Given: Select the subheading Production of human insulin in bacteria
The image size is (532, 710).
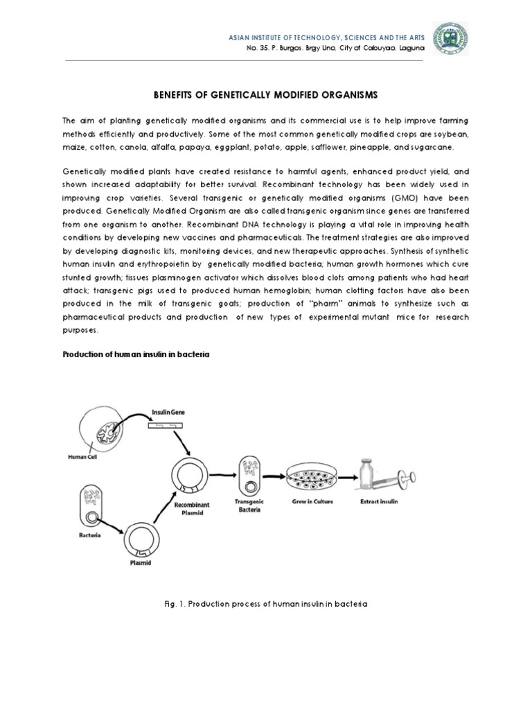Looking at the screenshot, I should click(136, 354).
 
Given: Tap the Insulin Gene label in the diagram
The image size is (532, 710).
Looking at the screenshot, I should click(168, 411).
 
